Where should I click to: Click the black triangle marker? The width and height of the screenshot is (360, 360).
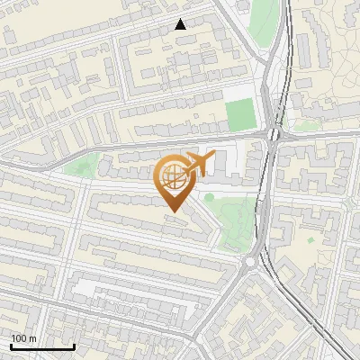[181, 24]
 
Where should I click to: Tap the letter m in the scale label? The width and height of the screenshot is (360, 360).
[32, 338]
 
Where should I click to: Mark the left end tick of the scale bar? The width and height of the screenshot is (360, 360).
[11, 346]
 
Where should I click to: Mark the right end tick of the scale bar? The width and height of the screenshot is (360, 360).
[74, 346]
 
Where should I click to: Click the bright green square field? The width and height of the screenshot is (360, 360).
[240, 115]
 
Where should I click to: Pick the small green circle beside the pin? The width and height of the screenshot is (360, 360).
[209, 197]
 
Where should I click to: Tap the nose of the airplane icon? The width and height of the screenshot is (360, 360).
[212, 159]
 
